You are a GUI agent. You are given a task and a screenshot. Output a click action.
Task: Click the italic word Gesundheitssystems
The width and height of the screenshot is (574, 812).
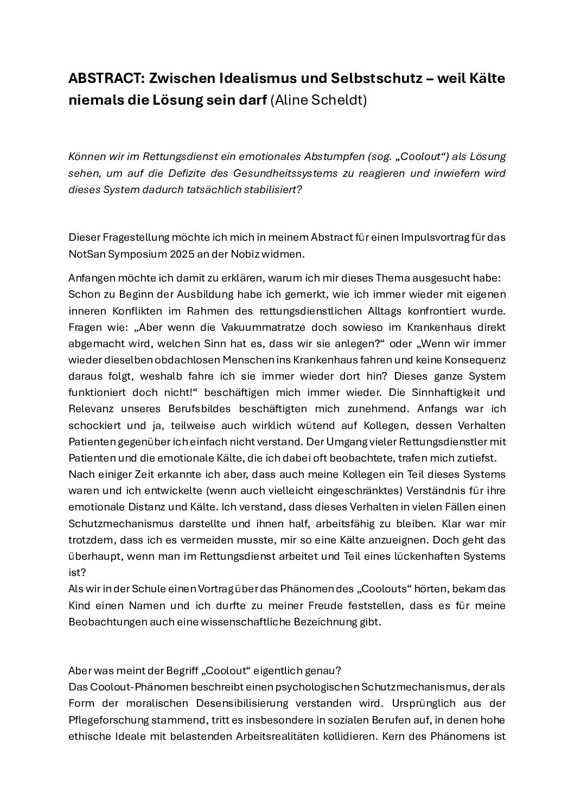pyautogui.click(x=304, y=173)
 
